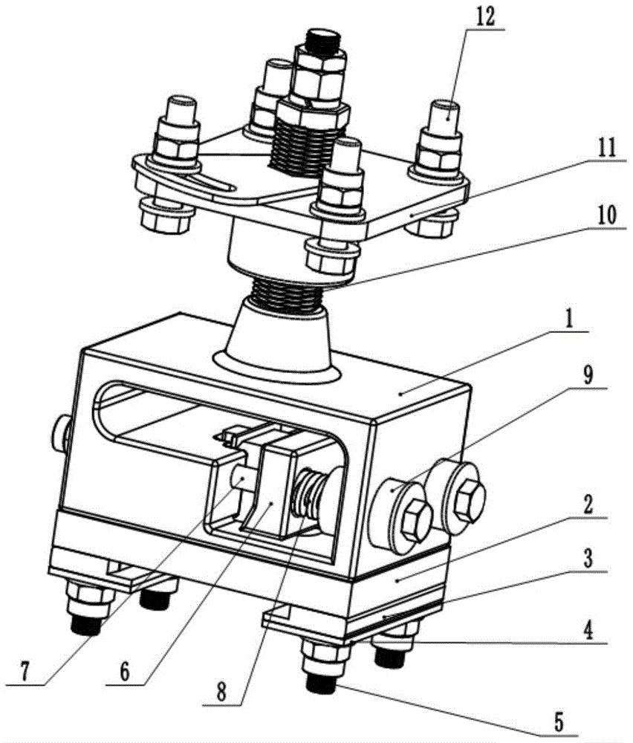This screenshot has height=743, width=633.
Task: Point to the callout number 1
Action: click(x=570, y=321)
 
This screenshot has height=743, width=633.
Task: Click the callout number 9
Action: click(x=588, y=376)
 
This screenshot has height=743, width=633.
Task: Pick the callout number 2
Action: click(x=588, y=507)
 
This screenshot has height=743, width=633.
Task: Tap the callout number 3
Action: click(x=588, y=559)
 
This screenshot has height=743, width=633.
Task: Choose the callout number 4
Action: click(x=588, y=631)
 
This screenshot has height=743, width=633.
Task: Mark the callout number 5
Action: click(x=559, y=724)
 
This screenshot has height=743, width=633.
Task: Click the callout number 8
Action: click(x=221, y=692)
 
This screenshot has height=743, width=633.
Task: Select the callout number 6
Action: click(x=125, y=672)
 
